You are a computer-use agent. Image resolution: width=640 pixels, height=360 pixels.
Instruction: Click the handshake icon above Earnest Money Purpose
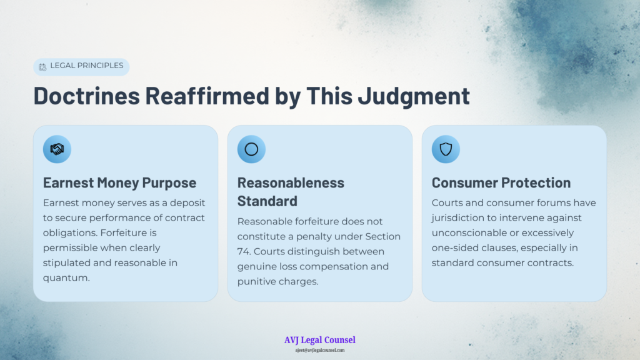pos(57,149)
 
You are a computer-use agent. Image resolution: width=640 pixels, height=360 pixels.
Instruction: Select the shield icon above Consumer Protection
pos(446,149)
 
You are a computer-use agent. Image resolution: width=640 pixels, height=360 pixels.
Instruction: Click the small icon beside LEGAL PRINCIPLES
pos(42,67)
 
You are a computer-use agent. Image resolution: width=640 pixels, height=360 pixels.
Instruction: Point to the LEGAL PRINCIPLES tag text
pos(86,66)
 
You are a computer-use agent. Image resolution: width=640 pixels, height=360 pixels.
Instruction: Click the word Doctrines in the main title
pos(86,96)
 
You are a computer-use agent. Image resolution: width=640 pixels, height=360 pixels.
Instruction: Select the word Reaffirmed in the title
pos(207,96)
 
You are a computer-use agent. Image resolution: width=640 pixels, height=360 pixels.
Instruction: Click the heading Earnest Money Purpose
pos(119,183)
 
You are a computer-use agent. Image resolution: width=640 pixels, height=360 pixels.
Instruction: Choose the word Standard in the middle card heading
pos(267,201)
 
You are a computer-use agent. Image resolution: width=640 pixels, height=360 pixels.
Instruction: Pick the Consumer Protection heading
pos(501,183)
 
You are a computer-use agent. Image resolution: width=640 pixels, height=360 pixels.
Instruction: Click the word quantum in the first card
pos(66,278)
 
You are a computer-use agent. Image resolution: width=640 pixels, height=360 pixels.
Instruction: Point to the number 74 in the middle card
pos(243,251)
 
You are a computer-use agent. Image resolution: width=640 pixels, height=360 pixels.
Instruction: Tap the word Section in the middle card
pos(383,237)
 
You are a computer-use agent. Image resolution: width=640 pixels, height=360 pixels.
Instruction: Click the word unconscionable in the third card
pos(472,233)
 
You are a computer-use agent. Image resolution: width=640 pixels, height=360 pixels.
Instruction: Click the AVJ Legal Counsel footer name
pos(320,340)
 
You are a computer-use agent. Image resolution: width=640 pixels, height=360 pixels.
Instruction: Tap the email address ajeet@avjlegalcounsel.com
pos(320,350)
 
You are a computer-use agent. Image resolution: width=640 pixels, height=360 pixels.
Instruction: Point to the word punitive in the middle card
pos(256,282)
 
